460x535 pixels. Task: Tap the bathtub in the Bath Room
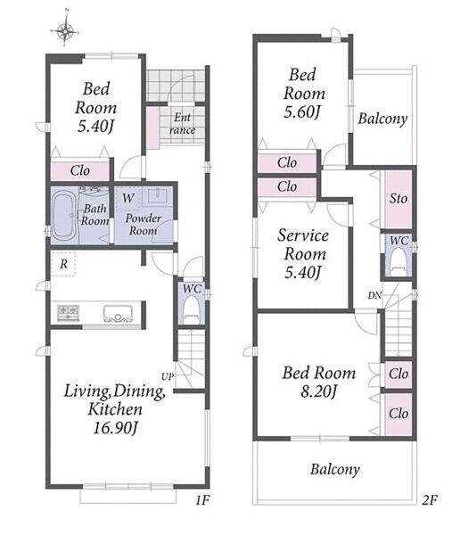(63, 215)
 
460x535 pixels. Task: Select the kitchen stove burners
(68, 312)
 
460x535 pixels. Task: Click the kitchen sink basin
(118, 314)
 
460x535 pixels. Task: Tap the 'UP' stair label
(168, 376)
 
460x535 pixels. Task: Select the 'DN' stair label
(374, 295)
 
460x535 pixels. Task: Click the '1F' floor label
(202, 500)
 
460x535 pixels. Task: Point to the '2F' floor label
(430, 500)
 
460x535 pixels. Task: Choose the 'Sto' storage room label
(398, 198)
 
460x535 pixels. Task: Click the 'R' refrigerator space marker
(64, 264)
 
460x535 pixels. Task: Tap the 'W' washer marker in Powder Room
(128, 198)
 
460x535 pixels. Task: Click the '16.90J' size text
(115, 427)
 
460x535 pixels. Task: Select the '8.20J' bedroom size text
(319, 391)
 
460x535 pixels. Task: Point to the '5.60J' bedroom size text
(302, 111)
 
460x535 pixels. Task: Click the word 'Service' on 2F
(303, 235)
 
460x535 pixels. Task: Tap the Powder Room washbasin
(157, 196)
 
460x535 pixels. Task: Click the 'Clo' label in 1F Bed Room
(80, 170)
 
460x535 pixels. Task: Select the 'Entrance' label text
(183, 124)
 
